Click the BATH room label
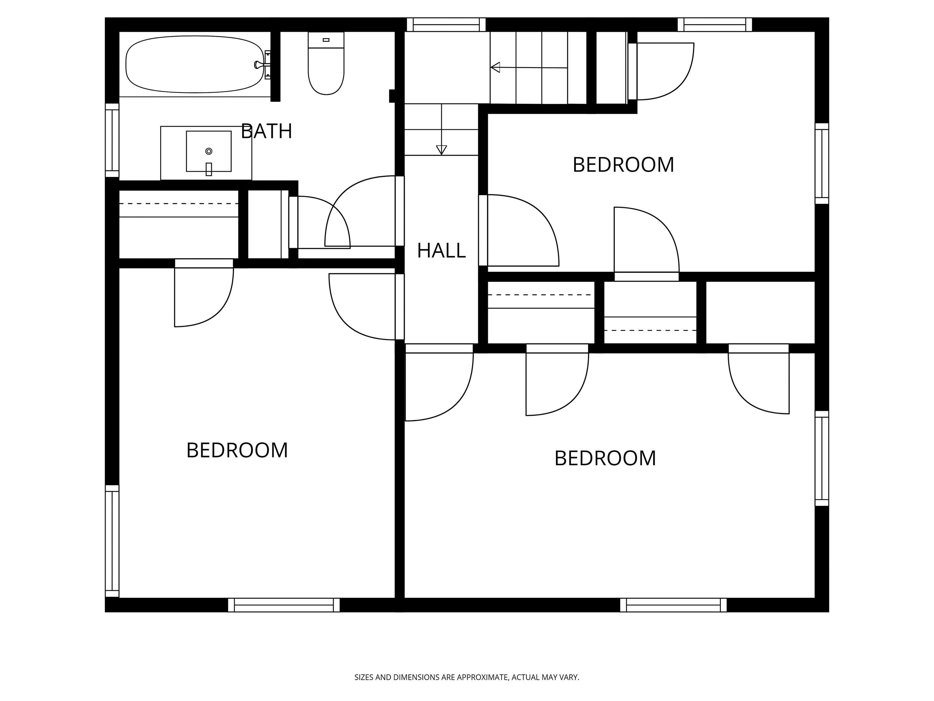(266, 131)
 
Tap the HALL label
(441, 251)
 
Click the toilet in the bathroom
(326, 63)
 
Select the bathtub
(195, 64)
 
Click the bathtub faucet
(259, 65)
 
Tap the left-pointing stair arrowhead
(495, 67)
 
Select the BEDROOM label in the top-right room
(623, 165)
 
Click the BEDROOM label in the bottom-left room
(237, 450)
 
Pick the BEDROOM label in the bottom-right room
(605, 458)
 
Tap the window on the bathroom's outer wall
(112, 140)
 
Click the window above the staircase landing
(446, 25)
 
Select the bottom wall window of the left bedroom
(284, 605)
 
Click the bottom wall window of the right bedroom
(673, 605)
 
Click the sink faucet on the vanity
(209, 169)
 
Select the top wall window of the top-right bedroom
(715, 25)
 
